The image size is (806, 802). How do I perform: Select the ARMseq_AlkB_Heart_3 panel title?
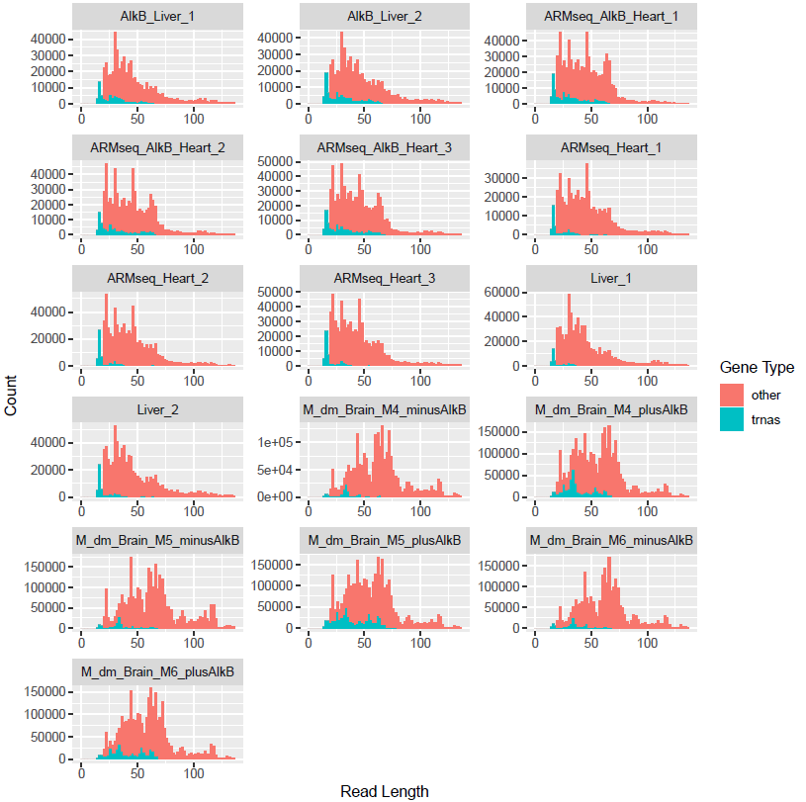click(x=386, y=146)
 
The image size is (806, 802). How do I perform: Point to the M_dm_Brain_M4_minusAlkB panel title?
click(x=386, y=409)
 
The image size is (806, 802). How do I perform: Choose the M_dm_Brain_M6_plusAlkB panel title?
click(x=158, y=672)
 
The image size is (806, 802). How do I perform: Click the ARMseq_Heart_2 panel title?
click(x=158, y=279)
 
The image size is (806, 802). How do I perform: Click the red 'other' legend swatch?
click(x=734, y=395)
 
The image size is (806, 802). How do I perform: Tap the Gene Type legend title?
click(x=757, y=367)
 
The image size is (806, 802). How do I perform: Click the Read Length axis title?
click(x=385, y=791)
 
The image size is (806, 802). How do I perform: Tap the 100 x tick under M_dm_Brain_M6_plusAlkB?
click(x=194, y=773)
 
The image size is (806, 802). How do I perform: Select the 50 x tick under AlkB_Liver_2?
click(x=366, y=118)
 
